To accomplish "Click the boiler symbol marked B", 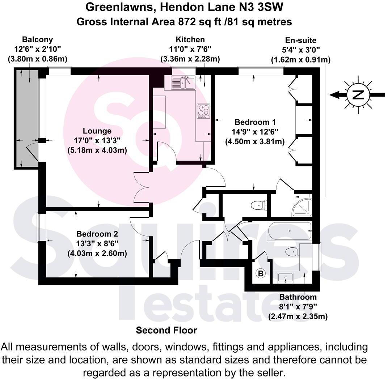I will coord(260,273).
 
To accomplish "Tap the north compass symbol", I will coord(358,95).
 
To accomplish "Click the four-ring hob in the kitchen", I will coord(203,111).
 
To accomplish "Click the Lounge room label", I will coord(97,131).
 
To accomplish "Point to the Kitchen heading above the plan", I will coord(190,39).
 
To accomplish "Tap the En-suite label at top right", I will coord(300,40).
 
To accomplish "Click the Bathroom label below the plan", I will coord(298,297).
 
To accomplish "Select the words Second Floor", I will coord(166,330).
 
